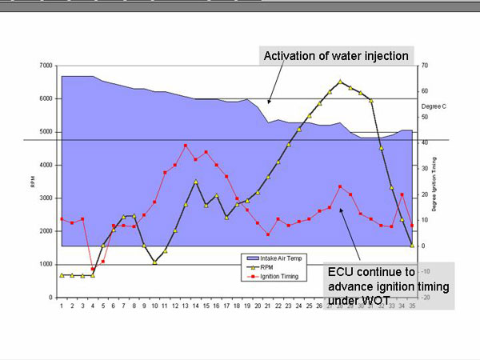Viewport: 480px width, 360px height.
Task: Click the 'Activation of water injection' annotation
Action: point(337,56)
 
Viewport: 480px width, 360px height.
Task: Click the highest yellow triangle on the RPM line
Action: point(340,81)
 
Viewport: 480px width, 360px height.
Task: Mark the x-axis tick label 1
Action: point(62,306)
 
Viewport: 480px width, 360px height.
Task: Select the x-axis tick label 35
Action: point(412,306)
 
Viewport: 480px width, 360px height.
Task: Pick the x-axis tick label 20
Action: point(258,306)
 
